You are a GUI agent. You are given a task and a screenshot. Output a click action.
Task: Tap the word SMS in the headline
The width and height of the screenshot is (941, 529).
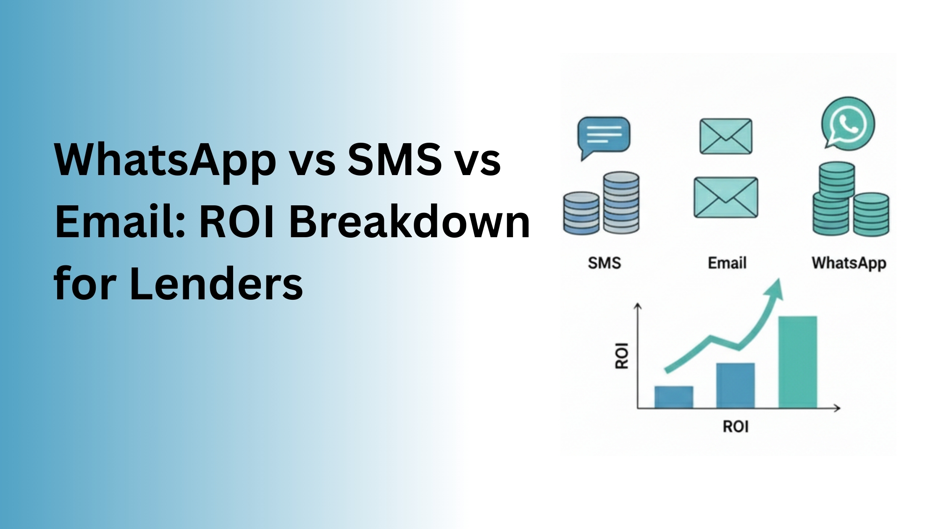point(394,160)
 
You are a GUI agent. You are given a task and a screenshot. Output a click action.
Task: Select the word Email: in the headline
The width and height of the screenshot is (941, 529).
point(120,222)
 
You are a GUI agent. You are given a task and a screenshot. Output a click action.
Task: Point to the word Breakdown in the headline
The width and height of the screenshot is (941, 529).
point(410,222)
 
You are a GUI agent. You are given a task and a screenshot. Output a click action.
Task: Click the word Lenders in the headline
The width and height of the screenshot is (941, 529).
point(216,284)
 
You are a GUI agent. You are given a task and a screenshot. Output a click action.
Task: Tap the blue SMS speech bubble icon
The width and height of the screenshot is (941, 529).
point(604,135)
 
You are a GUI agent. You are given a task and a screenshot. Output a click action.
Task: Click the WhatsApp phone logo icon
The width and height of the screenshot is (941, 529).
point(848,124)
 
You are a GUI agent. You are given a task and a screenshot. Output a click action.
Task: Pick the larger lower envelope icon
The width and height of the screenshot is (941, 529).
point(725,197)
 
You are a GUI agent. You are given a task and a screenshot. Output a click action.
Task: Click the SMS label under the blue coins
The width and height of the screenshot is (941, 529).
point(604,263)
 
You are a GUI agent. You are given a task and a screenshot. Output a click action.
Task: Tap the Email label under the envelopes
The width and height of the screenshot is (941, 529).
point(727,263)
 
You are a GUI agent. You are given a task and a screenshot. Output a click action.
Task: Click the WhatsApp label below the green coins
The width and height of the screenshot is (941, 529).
point(849,263)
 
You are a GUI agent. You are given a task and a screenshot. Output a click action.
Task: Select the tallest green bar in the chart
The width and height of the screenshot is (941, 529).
point(797,362)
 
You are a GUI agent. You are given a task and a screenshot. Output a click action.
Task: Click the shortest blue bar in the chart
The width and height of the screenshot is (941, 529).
point(673,397)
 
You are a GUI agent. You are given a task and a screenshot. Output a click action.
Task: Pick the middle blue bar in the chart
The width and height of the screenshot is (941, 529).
point(735,385)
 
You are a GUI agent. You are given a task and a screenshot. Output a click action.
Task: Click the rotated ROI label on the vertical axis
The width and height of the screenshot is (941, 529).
point(622,356)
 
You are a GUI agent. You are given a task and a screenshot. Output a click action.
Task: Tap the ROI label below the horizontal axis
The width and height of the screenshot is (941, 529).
point(736,427)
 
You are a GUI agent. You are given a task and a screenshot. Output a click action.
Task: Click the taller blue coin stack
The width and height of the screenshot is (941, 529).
point(621,202)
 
